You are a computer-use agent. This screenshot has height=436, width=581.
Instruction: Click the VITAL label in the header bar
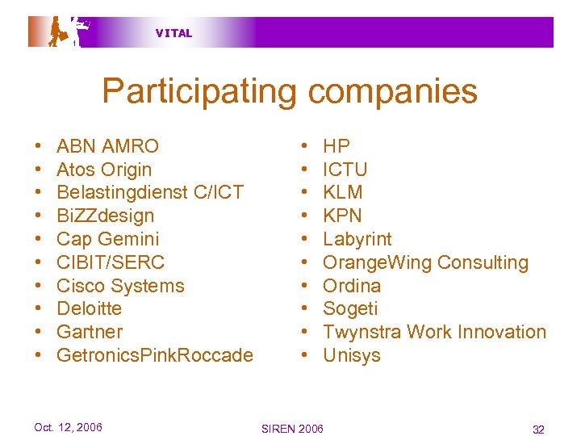pos(173,33)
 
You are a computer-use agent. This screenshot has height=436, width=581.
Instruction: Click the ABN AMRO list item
pos(107,146)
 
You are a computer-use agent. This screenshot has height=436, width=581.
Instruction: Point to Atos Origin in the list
pos(104,170)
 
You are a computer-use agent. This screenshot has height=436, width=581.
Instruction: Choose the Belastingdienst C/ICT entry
pos(150,192)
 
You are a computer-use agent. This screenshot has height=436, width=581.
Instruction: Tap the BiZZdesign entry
pos(105,216)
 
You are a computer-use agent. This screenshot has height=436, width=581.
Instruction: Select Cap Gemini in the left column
pos(108,239)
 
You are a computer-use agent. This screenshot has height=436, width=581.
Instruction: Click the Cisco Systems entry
pos(120,286)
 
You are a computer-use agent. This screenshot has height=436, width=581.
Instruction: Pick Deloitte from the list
pos(89,308)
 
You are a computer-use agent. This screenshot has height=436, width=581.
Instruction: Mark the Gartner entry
pos(90,332)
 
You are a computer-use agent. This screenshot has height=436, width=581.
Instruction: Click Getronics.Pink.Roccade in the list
pos(155,355)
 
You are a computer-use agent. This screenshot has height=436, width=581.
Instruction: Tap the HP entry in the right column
pos(336,146)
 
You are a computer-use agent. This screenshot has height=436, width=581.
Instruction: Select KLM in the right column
pos(343,192)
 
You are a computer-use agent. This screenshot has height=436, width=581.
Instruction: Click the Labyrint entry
pos(357,239)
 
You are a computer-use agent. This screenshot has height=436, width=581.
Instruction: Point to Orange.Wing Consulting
pos(425,262)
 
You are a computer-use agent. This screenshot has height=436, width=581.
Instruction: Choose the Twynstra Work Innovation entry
pos(434,332)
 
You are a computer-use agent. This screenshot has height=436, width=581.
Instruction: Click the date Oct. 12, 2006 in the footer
pos(68,427)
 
